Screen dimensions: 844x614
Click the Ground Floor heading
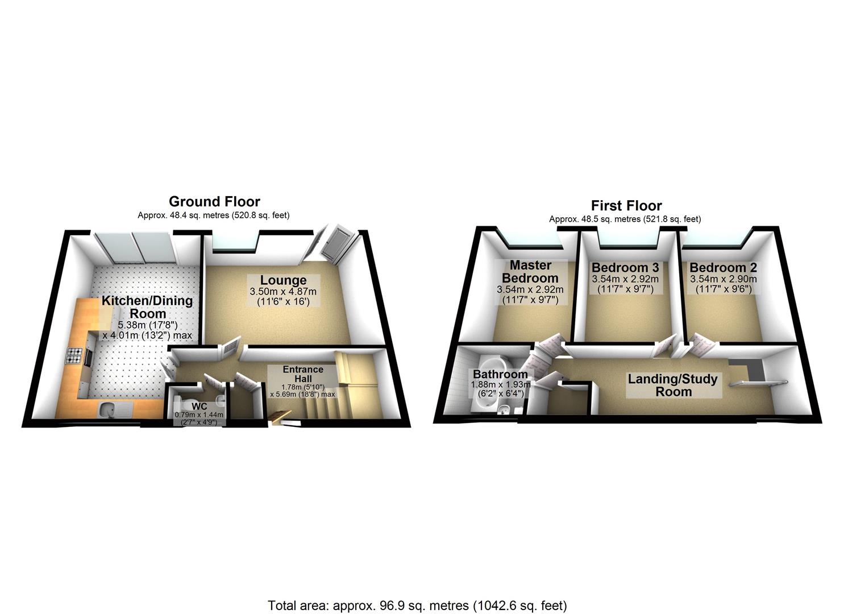214,201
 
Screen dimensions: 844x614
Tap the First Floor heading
626,205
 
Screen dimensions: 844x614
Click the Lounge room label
283,280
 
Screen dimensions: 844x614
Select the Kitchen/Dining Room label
147,307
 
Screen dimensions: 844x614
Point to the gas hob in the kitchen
74,356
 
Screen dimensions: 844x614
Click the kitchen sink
108,408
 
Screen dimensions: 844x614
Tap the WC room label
199,406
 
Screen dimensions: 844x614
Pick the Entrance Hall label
303,374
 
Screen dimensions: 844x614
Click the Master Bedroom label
530,272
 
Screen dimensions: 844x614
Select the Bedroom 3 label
625,267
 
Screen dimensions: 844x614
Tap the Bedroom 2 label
723,267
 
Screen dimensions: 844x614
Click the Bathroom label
500,375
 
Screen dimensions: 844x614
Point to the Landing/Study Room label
672,385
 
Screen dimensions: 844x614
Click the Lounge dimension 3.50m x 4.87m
283,292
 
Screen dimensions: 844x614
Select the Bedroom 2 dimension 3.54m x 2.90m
723,279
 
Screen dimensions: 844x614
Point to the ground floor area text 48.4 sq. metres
214,215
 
